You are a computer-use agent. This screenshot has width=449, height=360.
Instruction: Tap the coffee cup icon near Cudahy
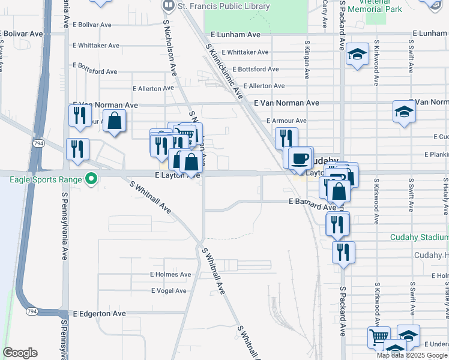pyautogui.click(x=300, y=158)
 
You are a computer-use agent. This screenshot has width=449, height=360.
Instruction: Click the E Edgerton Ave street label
pyautogui.click(x=100, y=314)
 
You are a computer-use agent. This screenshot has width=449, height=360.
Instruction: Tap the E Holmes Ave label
pyautogui.click(x=170, y=274)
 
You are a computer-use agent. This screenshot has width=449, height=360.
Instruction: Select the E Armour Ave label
pyautogui.click(x=286, y=121)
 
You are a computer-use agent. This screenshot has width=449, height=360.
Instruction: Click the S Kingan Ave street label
pyautogui.click(x=307, y=60)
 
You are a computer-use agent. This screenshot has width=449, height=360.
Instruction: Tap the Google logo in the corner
pyautogui.click(x=20, y=353)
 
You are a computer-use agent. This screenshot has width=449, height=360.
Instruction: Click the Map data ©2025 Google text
pyautogui.click(x=412, y=355)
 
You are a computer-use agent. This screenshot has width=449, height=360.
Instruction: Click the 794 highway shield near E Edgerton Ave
pyautogui.click(x=31, y=311)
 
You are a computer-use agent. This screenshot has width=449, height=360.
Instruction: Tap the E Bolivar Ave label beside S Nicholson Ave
pyautogui.click(x=92, y=25)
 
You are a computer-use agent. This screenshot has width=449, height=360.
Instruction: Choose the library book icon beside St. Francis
pyautogui.click(x=169, y=5)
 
